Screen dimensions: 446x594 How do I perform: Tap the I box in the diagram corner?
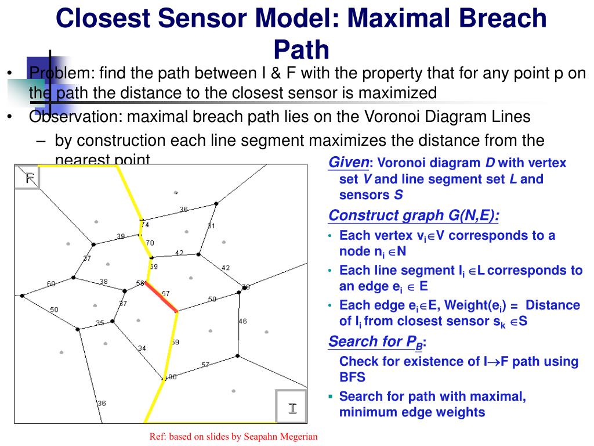292,408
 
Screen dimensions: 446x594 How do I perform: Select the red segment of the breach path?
161,297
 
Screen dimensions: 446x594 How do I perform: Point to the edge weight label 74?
144,225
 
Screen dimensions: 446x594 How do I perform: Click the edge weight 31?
211,226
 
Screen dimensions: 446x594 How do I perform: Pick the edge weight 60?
51,284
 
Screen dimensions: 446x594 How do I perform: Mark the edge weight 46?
242,321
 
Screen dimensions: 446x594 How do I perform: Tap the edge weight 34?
142,348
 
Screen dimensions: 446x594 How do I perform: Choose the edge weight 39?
121,236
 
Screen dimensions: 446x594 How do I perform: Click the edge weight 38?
103,282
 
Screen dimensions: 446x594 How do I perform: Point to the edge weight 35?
100,323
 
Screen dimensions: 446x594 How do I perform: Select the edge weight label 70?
150,243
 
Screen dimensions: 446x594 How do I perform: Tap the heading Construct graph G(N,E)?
414,215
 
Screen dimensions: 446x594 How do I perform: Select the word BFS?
352,377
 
